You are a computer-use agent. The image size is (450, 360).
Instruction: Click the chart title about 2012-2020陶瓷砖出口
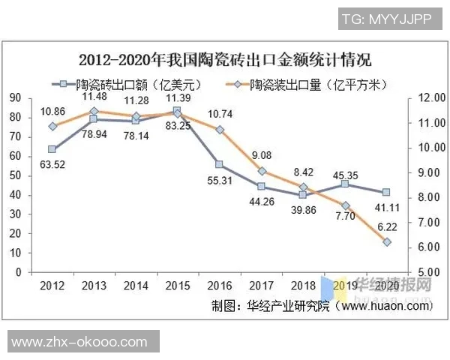225,59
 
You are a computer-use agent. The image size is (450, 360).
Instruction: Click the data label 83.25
177,126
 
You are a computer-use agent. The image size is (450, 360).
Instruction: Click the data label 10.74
219,114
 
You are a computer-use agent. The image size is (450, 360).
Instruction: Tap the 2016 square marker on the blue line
219,164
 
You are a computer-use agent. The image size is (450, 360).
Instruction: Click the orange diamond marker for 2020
386,242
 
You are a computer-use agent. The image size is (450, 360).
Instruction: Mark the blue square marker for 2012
52,148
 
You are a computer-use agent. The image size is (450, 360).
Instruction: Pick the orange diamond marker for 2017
261,171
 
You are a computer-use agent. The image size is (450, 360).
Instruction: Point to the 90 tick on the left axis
14,97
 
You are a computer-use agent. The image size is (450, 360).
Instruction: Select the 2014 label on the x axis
135,286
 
